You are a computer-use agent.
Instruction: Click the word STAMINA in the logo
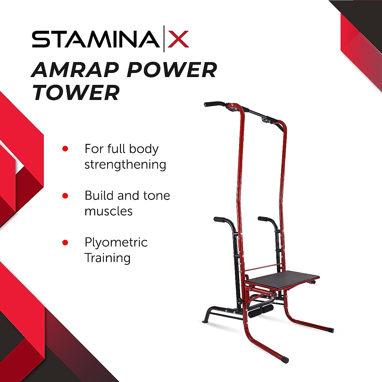click(95, 39)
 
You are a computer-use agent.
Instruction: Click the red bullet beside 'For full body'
click(65, 149)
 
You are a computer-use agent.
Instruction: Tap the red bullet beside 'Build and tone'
click(65, 195)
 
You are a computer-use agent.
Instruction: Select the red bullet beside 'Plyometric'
click(65, 243)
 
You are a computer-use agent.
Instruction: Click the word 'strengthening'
click(125, 165)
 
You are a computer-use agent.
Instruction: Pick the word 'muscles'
click(108, 211)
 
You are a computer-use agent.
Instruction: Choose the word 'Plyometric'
click(116, 243)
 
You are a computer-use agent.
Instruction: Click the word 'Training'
click(107, 258)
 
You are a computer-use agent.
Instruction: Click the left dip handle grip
click(219, 219)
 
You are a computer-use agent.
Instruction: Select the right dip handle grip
click(263, 219)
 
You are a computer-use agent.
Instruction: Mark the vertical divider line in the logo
click(164, 39)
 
